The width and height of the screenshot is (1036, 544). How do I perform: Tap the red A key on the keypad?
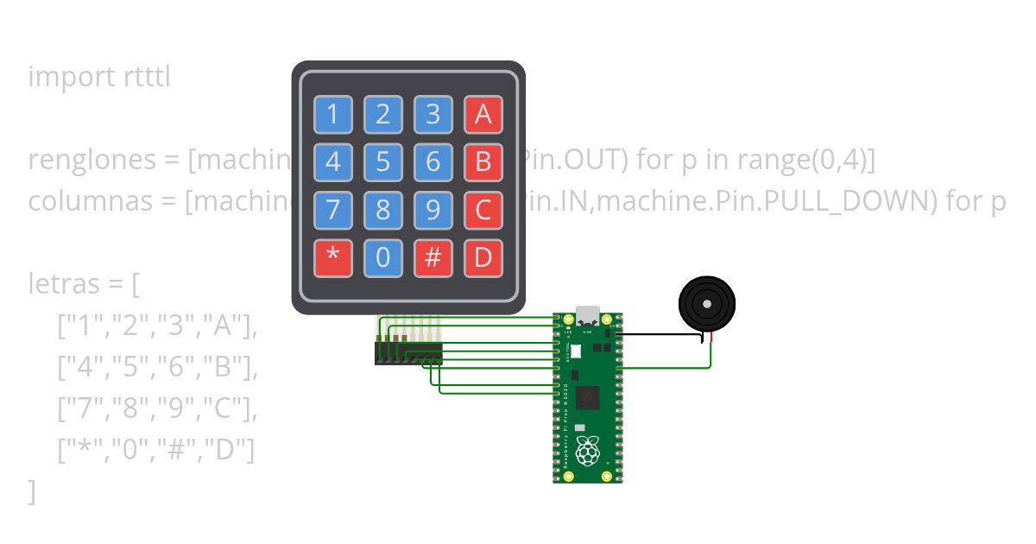(483, 114)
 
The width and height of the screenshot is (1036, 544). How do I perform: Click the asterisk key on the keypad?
(333, 258)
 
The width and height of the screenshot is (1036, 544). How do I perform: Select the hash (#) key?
(433, 258)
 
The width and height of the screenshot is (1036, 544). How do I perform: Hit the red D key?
(483, 258)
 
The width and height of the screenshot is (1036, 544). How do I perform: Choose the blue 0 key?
(383, 258)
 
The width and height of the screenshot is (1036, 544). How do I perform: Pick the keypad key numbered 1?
(333, 114)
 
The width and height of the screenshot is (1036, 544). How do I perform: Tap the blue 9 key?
(433, 210)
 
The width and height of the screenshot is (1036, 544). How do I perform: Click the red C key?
(483, 210)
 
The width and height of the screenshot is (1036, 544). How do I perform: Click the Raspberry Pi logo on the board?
(588, 452)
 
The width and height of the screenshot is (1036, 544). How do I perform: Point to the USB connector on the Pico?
(588, 314)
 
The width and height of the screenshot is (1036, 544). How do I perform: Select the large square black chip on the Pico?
(588, 397)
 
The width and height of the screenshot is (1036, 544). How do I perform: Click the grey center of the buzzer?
(707, 304)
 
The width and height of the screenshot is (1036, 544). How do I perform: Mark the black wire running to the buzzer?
(660, 334)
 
